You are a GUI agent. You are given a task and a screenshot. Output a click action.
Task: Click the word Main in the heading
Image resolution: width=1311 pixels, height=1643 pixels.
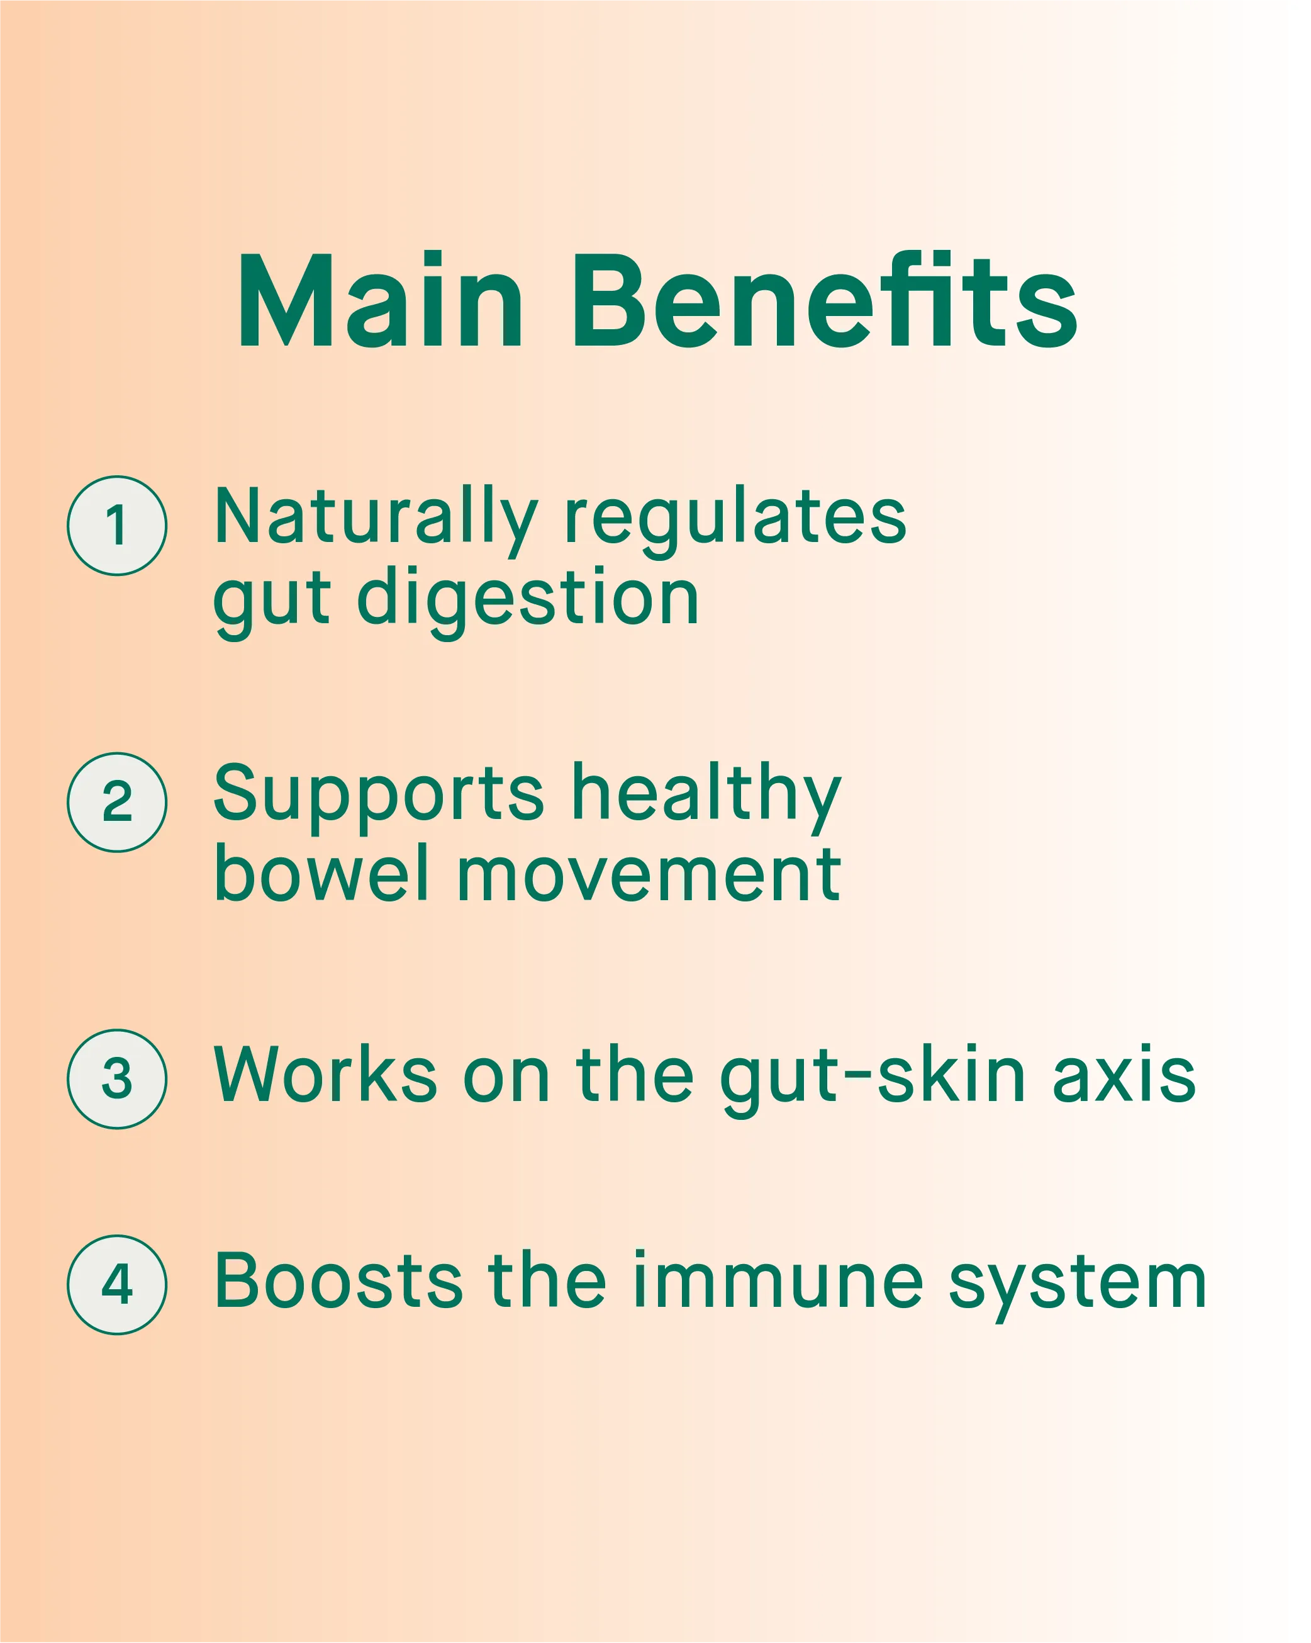click(380, 300)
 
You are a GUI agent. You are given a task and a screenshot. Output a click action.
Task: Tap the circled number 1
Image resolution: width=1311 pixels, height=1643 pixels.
click(116, 526)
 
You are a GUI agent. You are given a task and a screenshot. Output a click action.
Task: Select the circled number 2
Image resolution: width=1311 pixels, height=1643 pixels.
click(116, 802)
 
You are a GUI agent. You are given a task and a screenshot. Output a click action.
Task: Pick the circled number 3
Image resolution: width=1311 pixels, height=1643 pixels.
click(116, 1078)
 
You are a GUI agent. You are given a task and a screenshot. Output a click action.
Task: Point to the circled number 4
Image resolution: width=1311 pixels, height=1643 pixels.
click(116, 1284)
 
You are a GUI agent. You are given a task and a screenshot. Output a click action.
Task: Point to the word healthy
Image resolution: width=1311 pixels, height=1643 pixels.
click(706, 797)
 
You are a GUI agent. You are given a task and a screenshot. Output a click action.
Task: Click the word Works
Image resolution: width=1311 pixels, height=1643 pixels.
click(325, 1074)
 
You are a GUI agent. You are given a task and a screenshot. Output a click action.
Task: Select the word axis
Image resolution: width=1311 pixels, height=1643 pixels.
click(1124, 1075)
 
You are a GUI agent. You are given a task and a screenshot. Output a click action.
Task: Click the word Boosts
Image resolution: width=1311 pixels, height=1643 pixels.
click(338, 1280)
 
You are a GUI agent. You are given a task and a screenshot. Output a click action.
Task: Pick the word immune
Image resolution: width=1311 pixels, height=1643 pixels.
click(777, 1280)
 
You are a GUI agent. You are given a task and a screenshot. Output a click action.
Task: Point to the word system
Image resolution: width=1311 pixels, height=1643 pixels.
click(1077, 1286)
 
